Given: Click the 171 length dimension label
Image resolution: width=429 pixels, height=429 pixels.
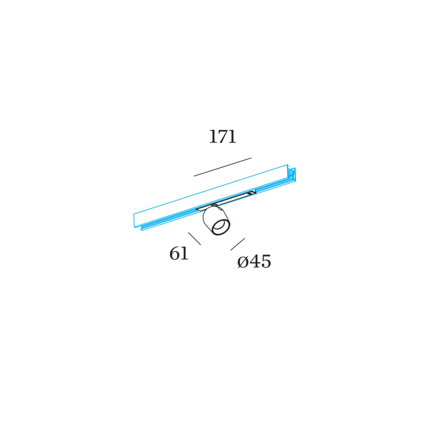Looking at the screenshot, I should (223, 137).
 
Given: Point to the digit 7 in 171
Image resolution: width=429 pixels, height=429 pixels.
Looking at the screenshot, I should (223, 137).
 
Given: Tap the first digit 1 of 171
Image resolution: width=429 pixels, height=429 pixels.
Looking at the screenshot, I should (213, 137).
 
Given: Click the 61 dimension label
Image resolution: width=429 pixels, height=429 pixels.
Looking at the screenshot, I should (179, 254).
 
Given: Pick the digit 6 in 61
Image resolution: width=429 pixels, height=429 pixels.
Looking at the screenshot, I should (174, 254).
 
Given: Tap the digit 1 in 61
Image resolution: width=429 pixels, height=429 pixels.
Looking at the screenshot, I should (184, 254).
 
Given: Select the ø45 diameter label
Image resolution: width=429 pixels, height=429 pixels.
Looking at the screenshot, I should (254, 262).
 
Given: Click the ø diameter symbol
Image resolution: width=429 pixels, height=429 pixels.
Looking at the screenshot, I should (243, 262).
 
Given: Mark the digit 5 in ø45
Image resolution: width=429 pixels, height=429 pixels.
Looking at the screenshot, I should (266, 262).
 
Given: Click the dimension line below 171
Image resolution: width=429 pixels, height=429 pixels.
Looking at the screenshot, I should (223, 167).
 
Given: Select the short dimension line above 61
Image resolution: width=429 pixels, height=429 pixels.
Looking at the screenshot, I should (194, 238).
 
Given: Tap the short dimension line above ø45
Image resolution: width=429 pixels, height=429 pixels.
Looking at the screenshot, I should (238, 244).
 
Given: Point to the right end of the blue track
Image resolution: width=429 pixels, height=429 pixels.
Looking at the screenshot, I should (292, 173).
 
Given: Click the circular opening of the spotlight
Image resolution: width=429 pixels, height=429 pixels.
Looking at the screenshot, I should (220, 225).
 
